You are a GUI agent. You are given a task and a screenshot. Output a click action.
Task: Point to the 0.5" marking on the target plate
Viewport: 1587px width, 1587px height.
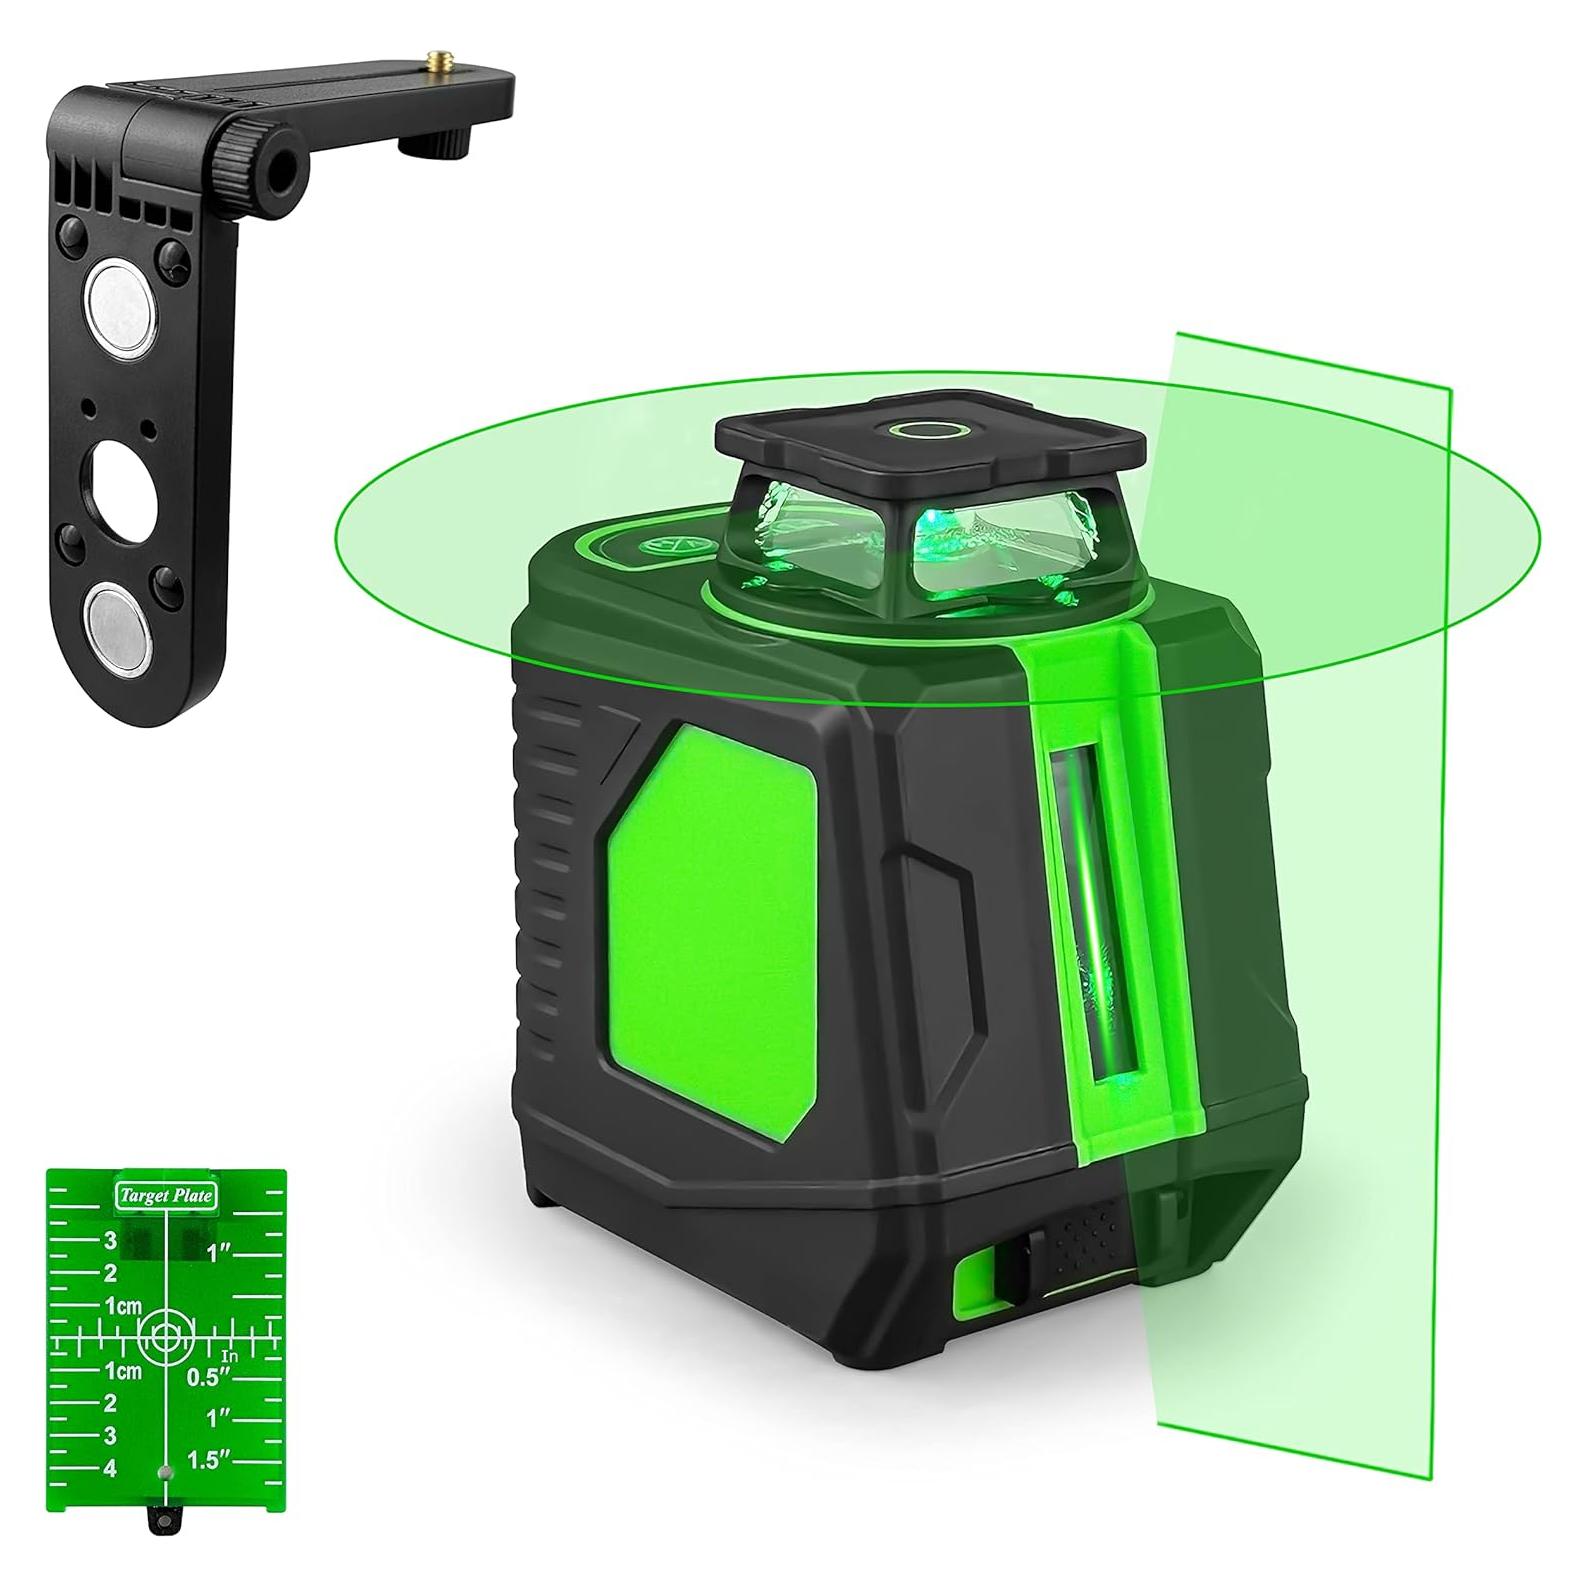pyautogui.click(x=207, y=1377)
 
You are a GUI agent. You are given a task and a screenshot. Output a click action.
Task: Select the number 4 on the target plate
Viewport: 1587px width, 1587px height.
pyautogui.click(x=110, y=1468)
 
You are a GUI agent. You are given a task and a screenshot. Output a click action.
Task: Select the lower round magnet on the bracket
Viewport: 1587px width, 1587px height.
pyautogui.click(x=117, y=620)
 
